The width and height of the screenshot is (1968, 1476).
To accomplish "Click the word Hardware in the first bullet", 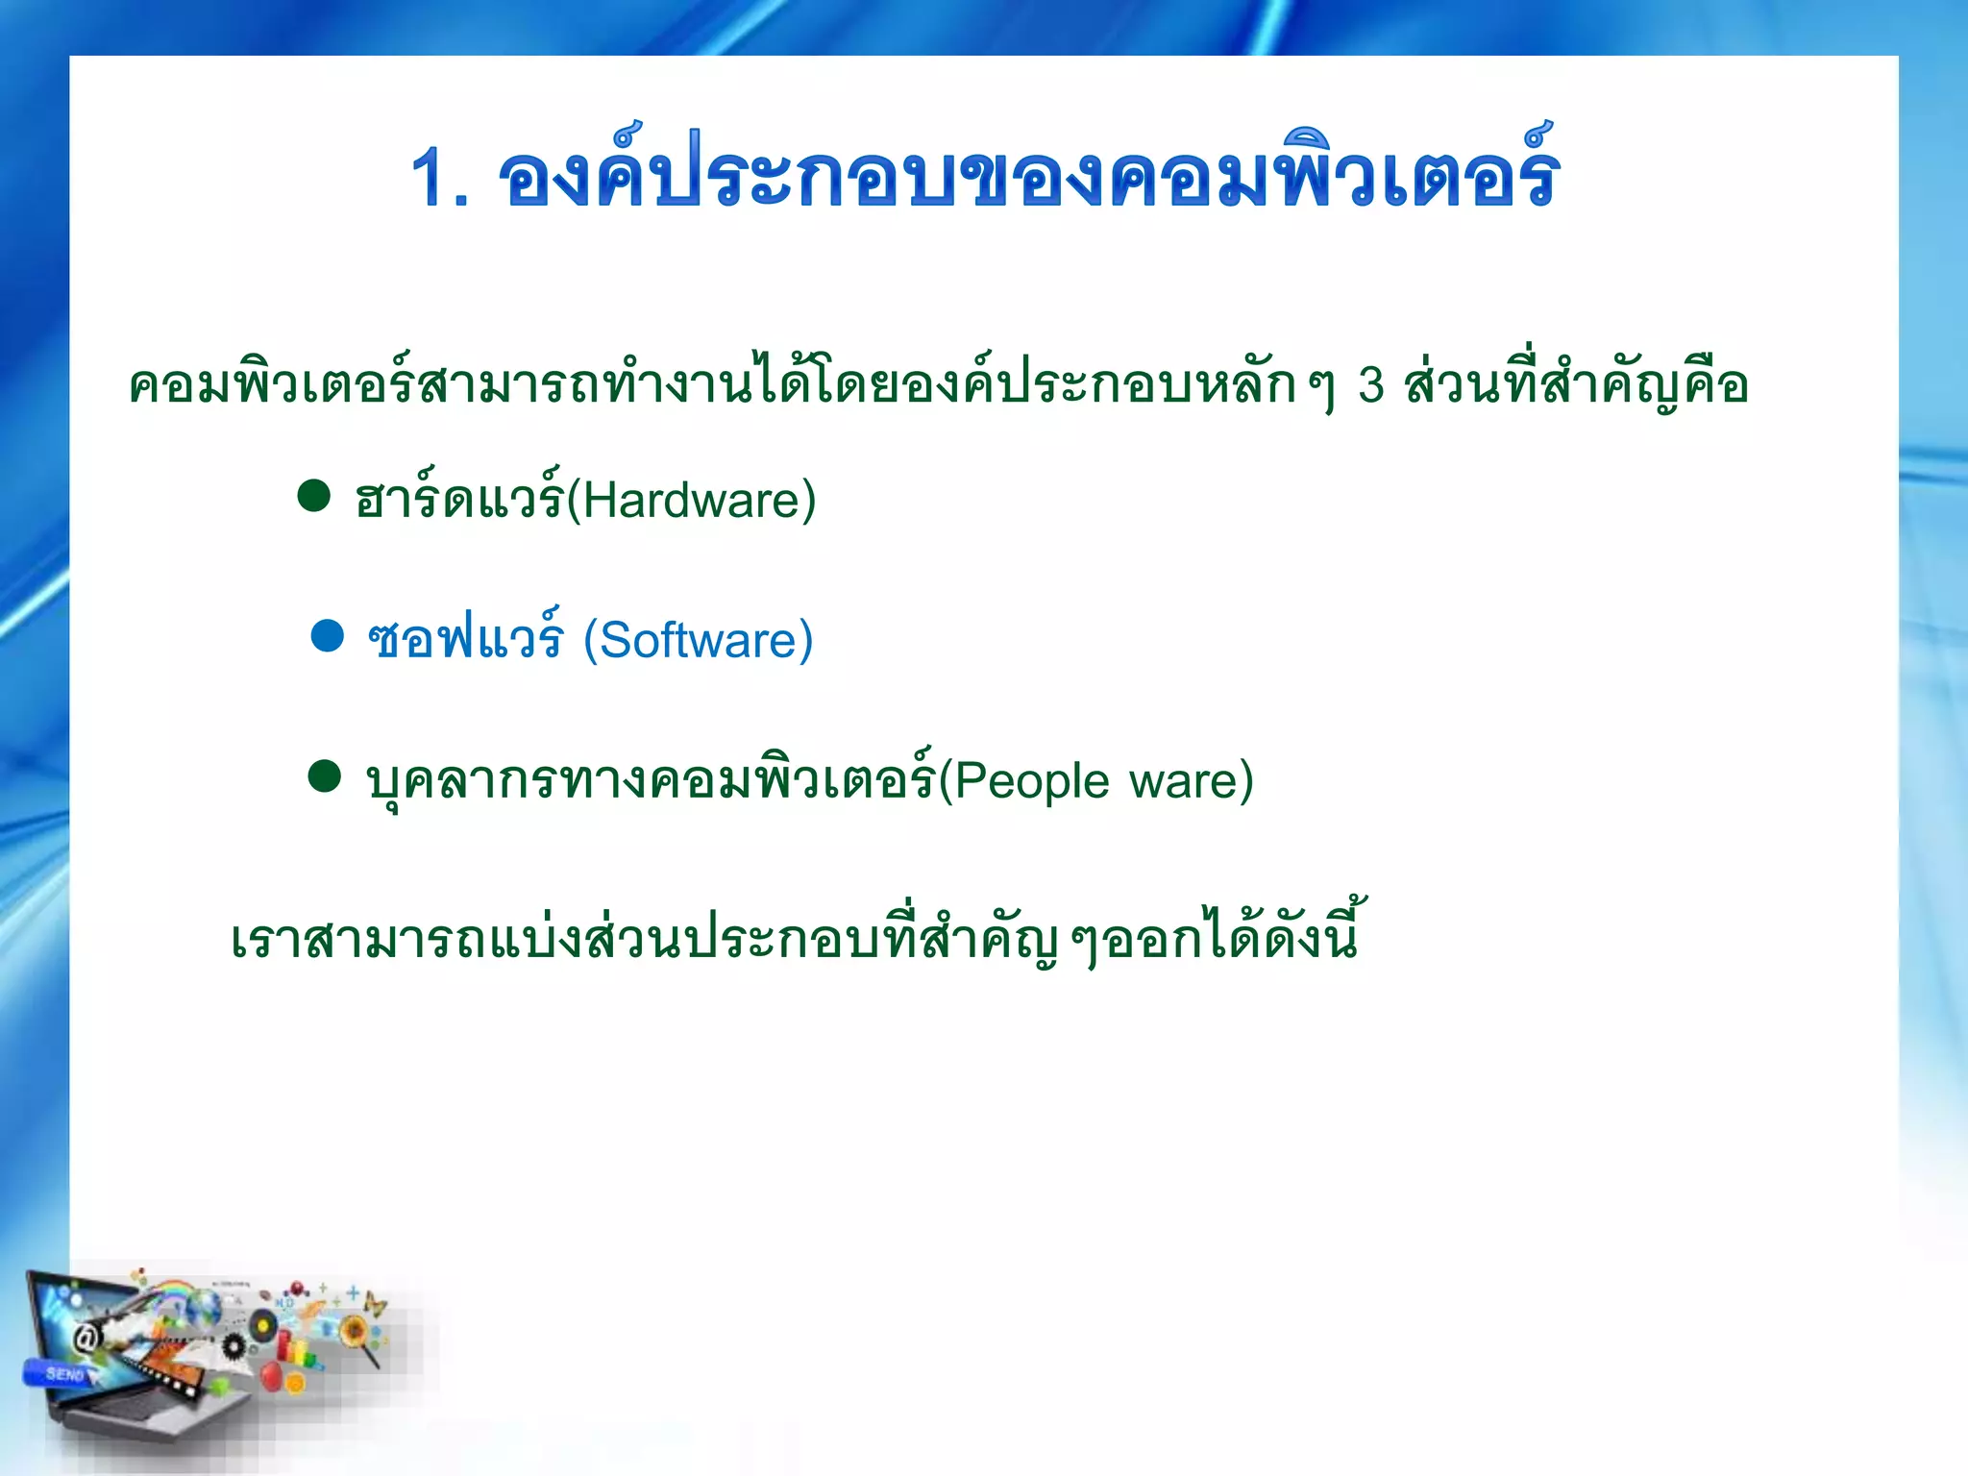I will point(699,501).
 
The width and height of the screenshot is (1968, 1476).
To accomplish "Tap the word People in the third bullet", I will point(1031,780).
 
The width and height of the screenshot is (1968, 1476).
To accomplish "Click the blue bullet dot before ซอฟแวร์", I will point(328,636).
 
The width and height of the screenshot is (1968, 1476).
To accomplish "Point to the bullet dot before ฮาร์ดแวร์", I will point(314,496).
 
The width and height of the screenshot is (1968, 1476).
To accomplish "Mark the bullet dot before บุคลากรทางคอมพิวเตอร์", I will point(325,776).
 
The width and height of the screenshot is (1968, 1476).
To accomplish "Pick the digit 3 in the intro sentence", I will point(1371,385).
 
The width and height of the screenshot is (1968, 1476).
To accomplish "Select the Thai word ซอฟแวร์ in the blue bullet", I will point(465,639).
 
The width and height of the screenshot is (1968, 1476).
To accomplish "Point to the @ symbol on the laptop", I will point(87,1338).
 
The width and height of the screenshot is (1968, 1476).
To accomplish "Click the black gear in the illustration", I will point(234,1345).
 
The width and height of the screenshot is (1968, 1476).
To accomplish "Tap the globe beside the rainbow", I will point(204,1307).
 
